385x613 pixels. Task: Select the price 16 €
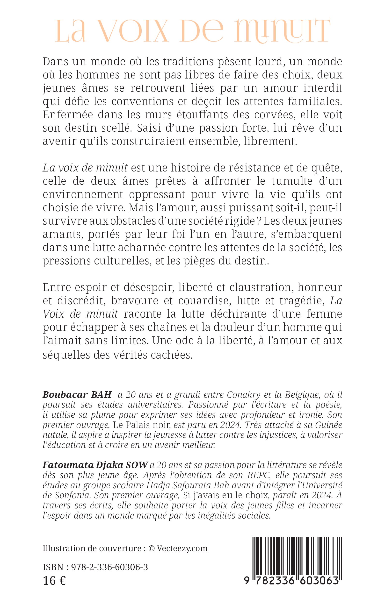coord(54,581)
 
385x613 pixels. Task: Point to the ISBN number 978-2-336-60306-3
coord(109,567)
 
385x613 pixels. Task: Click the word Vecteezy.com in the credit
coord(182,548)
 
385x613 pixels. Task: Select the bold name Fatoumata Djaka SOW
coord(95,465)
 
